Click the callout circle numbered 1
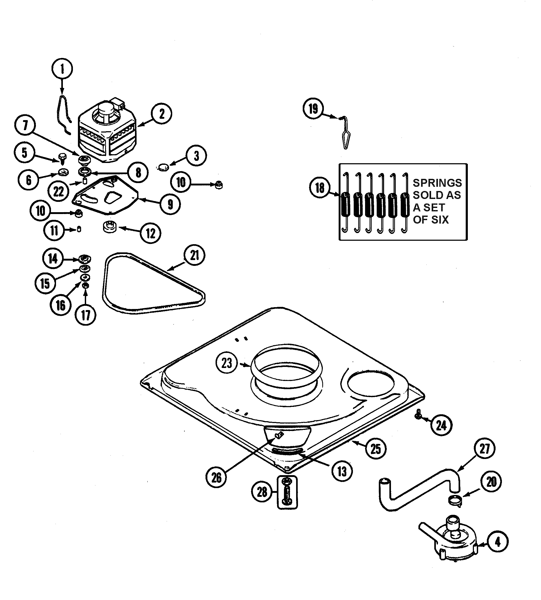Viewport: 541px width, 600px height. (x=62, y=69)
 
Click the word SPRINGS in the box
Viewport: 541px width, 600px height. (x=437, y=183)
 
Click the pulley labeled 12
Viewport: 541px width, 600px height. (x=110, y=228)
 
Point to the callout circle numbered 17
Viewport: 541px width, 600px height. (x=86, y=315)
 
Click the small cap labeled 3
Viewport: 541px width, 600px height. (x=163, y=167)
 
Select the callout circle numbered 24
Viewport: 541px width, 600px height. (x=441, y=426)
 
